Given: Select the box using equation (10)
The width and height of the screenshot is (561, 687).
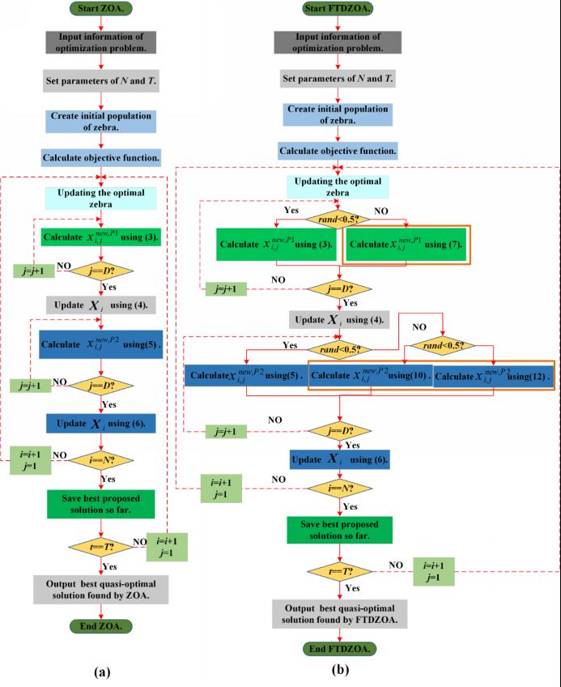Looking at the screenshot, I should (370, 378).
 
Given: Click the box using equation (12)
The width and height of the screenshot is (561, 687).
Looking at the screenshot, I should (492, 378).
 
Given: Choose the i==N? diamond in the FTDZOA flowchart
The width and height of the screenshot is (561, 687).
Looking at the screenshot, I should (340, 489).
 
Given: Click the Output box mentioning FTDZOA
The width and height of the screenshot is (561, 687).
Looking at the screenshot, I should (340, 615).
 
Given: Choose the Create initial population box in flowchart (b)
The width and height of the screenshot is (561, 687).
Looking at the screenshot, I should (339, 115).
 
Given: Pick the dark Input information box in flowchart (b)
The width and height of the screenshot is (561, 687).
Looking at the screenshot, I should (339, 44).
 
